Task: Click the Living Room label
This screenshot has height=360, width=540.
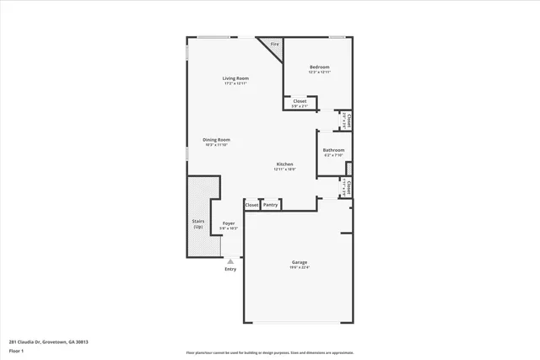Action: [x=235, y=78]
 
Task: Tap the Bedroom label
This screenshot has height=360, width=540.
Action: [x=319, y=67]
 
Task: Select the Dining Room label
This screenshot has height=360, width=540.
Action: [x=216, y=140]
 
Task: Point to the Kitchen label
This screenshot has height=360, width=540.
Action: [x=285, y=164]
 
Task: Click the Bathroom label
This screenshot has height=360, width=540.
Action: [x=333, y=150]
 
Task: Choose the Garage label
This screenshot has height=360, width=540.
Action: [x=300, y=262]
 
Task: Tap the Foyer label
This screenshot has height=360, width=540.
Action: [x=229, y=223]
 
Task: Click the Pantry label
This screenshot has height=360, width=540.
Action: [x=270, y=205]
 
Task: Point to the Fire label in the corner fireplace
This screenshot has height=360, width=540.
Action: [x=274, y=45]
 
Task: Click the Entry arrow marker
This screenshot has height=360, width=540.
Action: [x=230, y=261]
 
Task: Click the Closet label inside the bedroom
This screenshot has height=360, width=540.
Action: [x=300, y=101]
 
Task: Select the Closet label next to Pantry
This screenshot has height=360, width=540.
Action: [x=251, y=205]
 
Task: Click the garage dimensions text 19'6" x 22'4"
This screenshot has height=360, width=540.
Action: [x=300, y=268]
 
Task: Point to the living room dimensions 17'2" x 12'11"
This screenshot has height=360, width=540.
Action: [x=235, y=83]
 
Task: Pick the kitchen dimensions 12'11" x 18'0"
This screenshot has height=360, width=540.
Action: [x=285, y=169]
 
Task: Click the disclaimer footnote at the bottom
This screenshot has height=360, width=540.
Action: [x=269, y=352]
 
